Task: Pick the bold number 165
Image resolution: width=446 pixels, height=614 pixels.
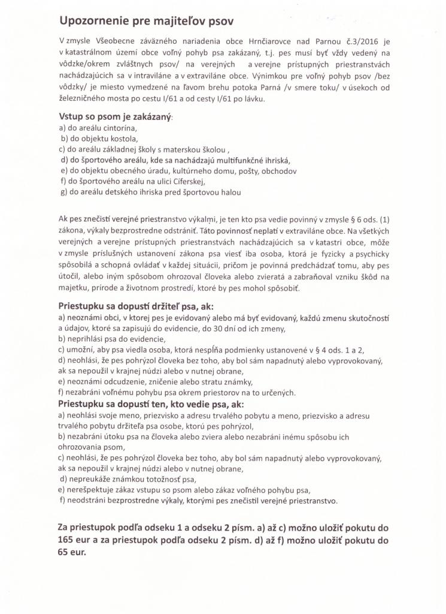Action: tap(66, 540)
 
